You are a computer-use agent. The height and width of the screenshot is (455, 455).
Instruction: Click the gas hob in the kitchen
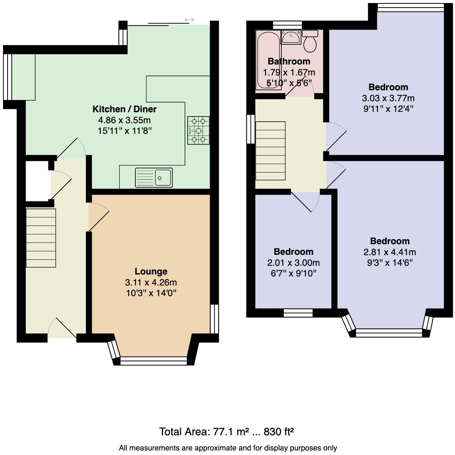tap(198, 130)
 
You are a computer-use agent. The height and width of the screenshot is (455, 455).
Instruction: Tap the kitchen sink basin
tap(163, 177)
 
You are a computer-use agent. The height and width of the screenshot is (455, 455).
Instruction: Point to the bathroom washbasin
tap(291, 37)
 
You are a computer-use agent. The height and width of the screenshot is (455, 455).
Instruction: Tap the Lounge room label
tap(151, 271)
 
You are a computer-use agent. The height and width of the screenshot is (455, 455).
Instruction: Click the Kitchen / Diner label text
tap(124, 109)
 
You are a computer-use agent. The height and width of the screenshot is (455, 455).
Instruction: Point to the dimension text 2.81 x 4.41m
tap(390, 252)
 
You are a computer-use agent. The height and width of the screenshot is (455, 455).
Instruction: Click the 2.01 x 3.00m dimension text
tap(293, 263)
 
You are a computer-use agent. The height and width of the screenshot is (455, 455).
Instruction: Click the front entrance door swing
tap(62, 328)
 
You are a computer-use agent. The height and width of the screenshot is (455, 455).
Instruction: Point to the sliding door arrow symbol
tap(189, 20)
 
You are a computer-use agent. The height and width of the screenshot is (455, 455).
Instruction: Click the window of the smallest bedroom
tap(298, 313)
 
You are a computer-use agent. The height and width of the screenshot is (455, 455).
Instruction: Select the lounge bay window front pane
tap(154, 361)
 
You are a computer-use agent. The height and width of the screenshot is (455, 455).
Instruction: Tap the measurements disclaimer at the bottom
tap(227, 448)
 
